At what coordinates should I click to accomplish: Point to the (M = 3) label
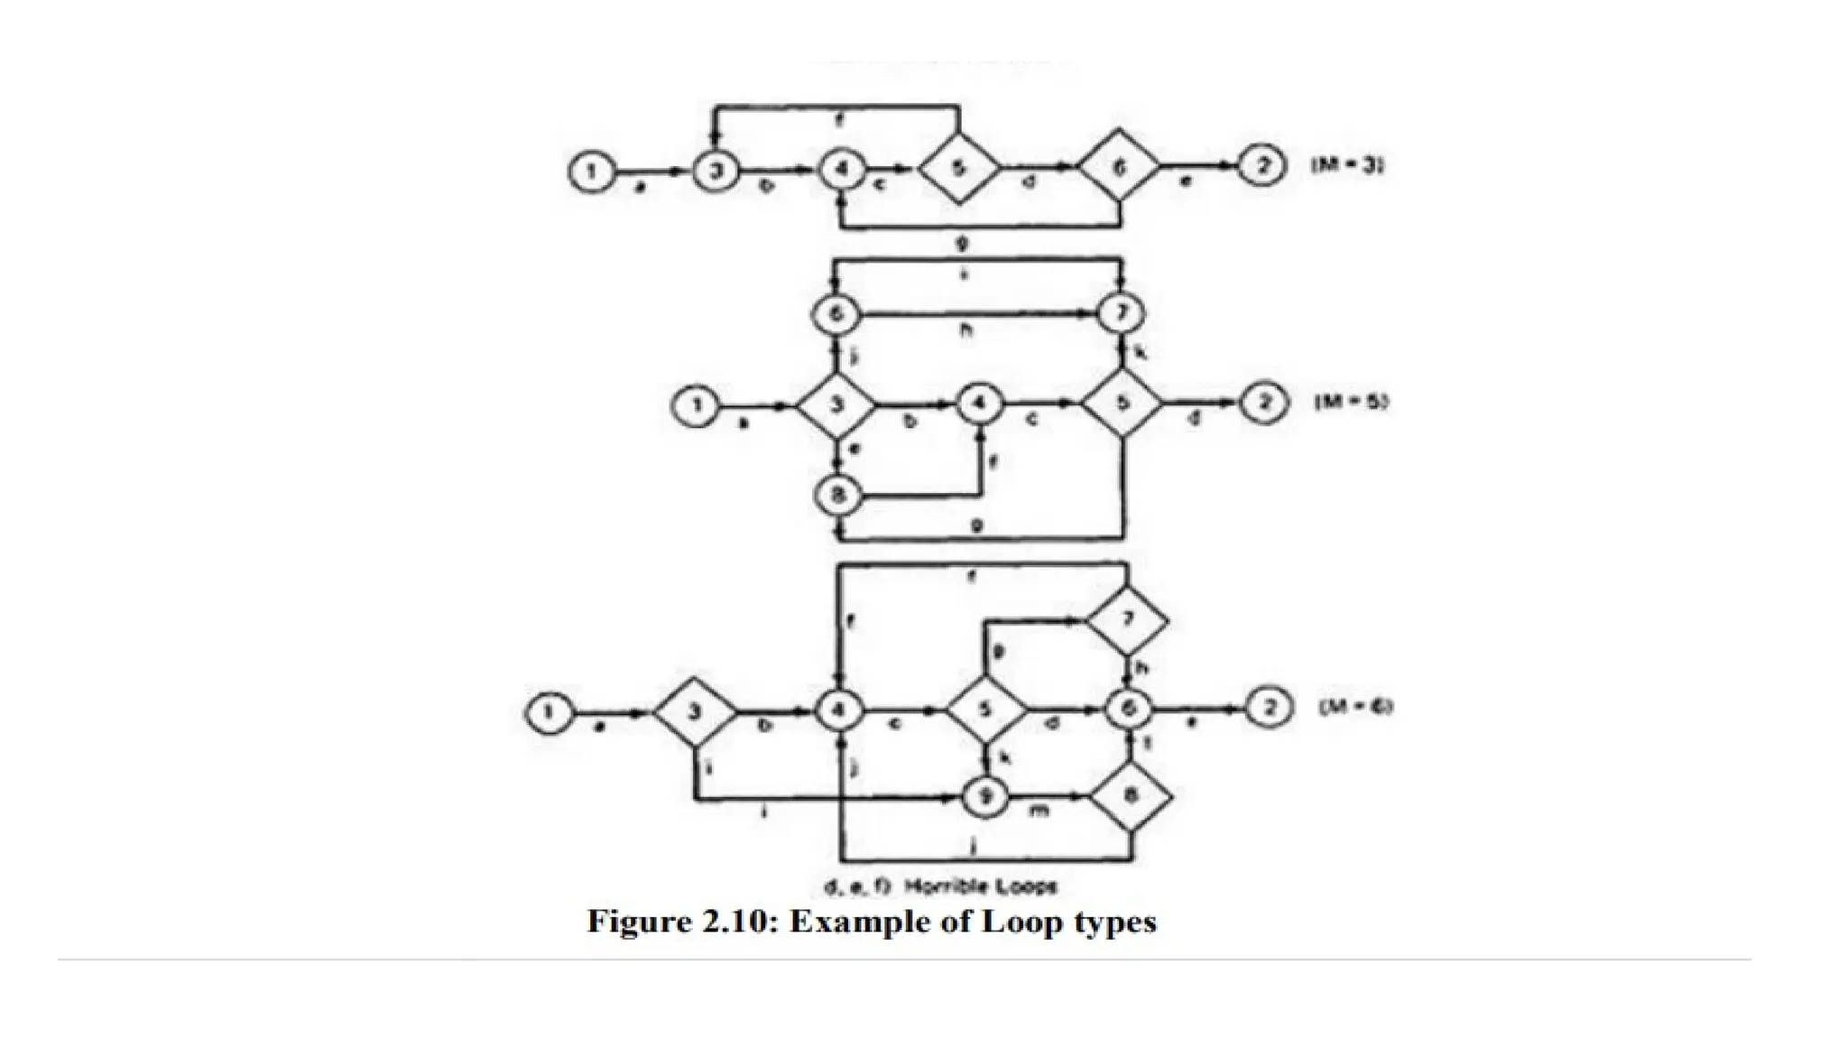(1346, 167)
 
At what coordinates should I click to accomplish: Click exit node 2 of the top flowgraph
(1261, 169)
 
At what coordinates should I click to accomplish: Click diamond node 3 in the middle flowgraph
(836, 405)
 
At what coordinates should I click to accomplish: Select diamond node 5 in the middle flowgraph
(1122, 404)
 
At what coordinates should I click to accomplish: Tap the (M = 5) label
(1351, 403)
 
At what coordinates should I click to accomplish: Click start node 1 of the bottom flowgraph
(549, 712)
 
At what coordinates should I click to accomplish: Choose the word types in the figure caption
(1116, 924)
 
